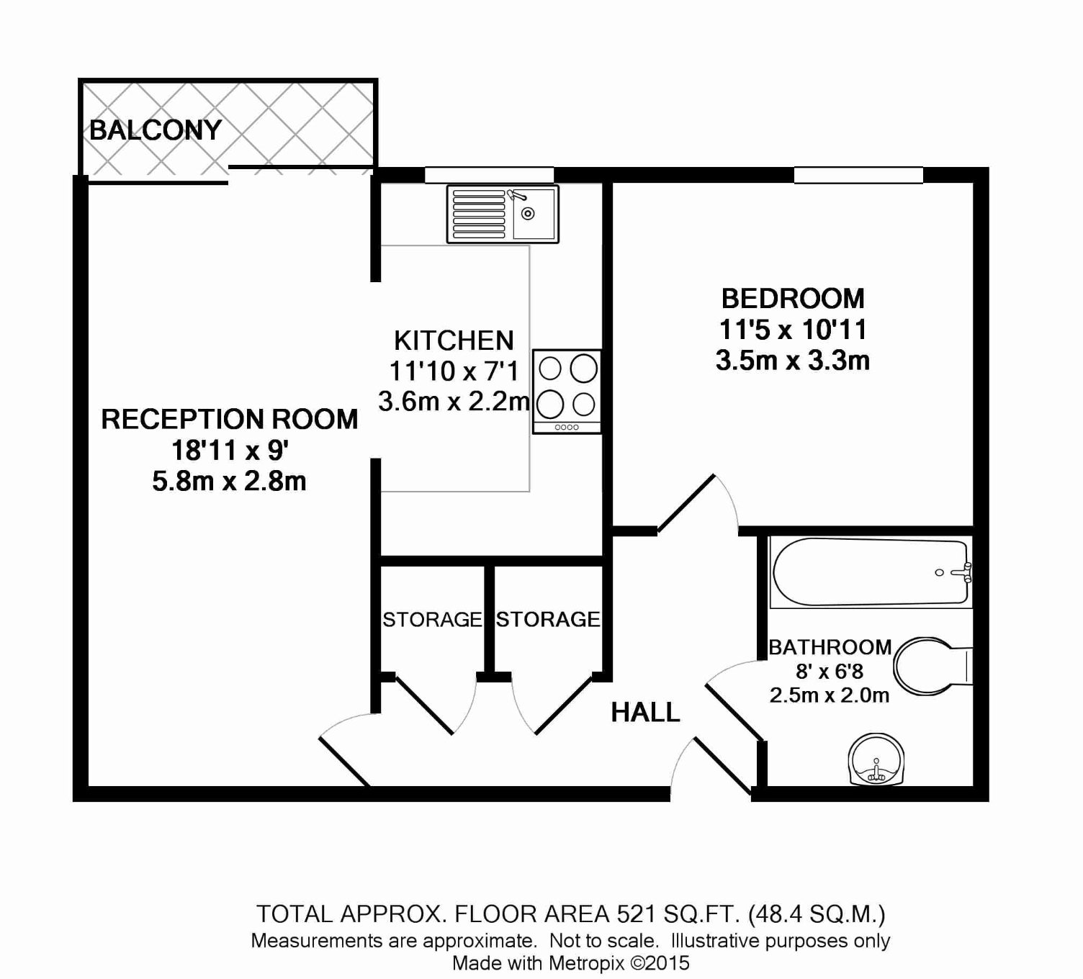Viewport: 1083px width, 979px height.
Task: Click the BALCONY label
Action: tap(156, 130)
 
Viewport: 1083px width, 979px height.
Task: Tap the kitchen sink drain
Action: tap(528, 214)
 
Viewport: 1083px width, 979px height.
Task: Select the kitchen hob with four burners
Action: tap(567, 392)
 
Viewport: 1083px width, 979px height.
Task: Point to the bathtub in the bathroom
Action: tap(871, 572)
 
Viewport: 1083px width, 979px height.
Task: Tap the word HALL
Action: tap(645, 713)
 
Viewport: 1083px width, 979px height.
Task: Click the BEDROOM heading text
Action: tap(793, 299)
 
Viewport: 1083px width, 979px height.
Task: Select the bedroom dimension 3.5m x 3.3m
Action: tap(793, 361)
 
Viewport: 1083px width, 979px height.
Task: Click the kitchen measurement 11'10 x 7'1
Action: tap(454, 371)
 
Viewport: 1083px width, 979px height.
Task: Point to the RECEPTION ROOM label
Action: tap(230, 419)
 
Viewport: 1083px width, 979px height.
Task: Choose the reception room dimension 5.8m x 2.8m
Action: tap(230, 481)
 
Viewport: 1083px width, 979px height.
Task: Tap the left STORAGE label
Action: tap(432, 620)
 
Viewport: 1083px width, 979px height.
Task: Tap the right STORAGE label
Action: tap(548, 619)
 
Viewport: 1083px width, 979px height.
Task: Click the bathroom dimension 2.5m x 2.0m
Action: tap(830, 695)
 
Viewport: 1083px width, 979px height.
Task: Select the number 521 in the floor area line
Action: tap(637, 914)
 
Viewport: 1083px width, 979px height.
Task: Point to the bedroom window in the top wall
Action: tap(858, 175)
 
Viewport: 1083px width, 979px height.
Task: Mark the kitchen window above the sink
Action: tap(490, 175)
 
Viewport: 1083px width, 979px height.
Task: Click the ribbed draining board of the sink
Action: tap(478, 214)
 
